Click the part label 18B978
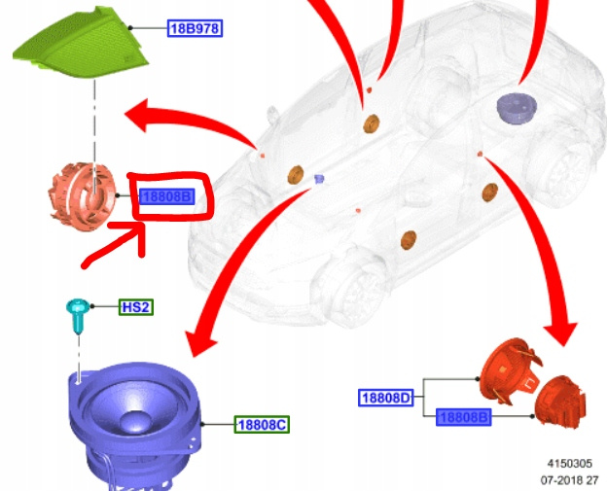[196, 29]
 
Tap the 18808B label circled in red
[167, 196]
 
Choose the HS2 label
[136, 306]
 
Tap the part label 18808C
[262, 424]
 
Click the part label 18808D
[386, 397]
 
